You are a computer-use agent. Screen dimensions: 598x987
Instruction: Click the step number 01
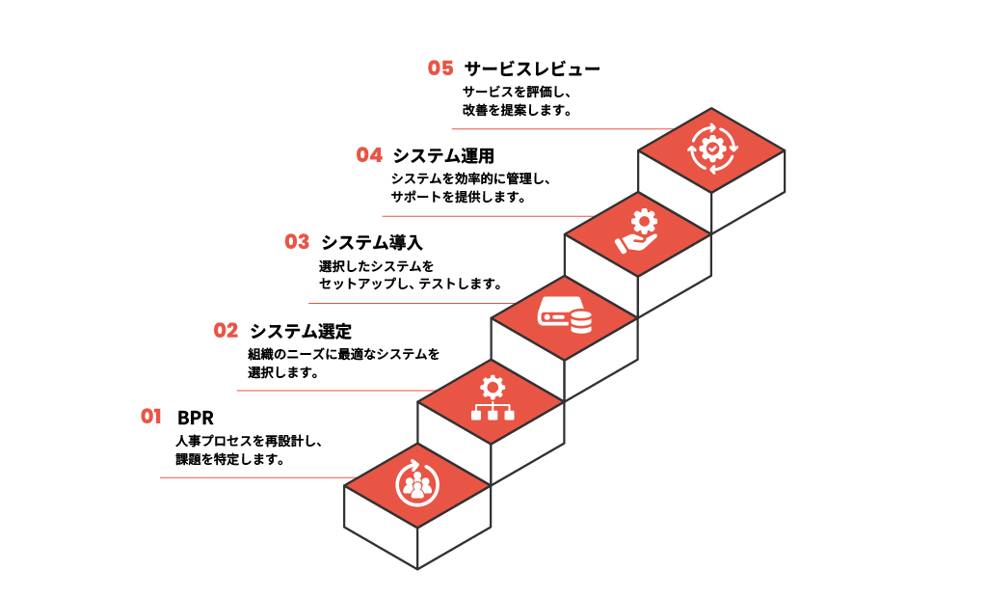[150, 417]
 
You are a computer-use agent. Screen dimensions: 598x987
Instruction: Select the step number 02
[226, 330]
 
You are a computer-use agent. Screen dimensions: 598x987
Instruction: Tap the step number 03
[297, 242]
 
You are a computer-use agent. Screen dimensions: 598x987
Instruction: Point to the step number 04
[369, 154]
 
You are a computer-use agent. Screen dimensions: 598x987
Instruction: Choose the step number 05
[440, 68]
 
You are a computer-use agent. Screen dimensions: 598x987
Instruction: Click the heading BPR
[196, 418]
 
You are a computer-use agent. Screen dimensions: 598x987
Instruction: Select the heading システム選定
[301, 331]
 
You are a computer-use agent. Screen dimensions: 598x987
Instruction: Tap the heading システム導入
[371, 243]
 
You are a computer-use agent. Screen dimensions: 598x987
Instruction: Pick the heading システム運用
[443, 155]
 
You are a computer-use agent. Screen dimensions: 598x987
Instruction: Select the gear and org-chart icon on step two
[492, 399]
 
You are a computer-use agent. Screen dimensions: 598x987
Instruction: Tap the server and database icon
[565, 315]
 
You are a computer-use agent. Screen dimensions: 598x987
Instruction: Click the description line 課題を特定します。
[228, 459]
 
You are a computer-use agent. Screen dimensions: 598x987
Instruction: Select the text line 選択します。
[283, 371]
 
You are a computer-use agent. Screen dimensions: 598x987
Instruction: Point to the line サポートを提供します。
[458, 197]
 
